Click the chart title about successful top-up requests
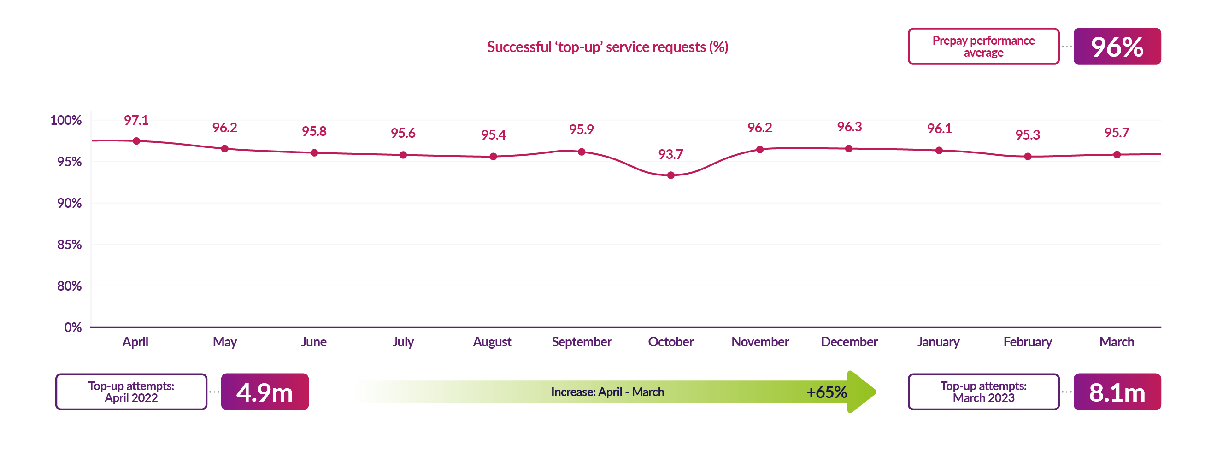point(607,47)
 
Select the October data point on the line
point(671,175)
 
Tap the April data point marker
point(136,141)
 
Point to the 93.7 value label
point(670,154)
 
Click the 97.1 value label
point(136,120)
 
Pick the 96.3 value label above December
point(849,127)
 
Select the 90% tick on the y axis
point(70,203)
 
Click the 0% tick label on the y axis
point(73,327)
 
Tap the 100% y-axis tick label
point(66,120)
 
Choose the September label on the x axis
point(582,342)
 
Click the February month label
point(1028,342)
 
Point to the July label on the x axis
point(403,342)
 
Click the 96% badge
point(1117,47)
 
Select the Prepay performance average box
point(983,47)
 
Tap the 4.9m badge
point(265,392)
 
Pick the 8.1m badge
point(1117,392)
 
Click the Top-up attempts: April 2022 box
point(131,392)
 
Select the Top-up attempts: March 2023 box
point(983,392)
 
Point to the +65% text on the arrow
point(826,392)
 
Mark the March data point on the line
point(1117,154)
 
